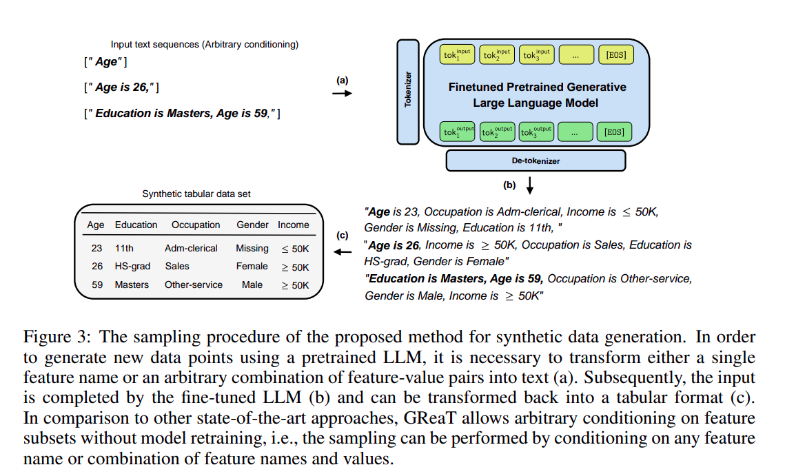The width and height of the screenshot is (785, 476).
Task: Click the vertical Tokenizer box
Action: click(408, 92)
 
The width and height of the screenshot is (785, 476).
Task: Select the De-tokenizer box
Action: click(536, 161)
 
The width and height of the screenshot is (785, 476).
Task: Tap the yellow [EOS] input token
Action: click(615, 54)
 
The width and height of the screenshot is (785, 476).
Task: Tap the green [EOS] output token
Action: click(615, 131)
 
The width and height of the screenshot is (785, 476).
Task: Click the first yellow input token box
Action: click(458, 54)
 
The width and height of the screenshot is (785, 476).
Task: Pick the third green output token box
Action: click(536, 131)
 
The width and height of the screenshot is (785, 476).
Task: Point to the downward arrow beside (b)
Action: click(530, 185)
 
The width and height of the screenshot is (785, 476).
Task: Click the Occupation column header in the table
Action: click(196, 225)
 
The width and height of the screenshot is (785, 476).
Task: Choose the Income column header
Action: click(294, 225)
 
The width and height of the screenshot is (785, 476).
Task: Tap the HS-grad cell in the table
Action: click(133, 267)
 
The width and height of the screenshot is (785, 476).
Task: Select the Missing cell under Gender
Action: click(252, 248)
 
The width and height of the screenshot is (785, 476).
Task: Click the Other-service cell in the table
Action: click(194, 284)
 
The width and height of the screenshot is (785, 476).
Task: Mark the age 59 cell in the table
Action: click(96, 284)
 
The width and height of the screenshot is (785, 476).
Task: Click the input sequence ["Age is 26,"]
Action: click(122, 87)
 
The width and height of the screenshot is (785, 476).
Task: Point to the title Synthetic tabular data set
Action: click(196, 194)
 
